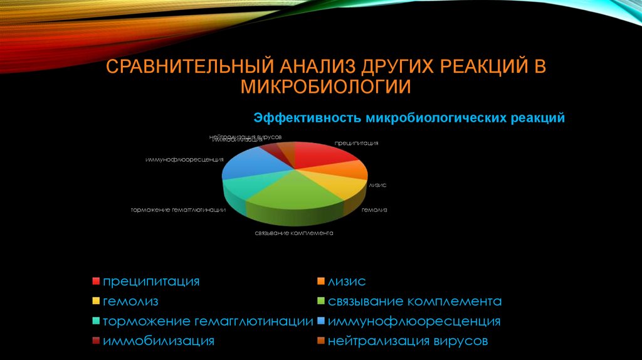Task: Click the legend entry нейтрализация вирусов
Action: [408, 341]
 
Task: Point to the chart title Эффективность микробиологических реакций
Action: [409, 118]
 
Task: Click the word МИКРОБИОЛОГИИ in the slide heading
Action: [325, 87]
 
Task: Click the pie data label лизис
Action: [377, 185]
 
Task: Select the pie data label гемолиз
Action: [374, 209]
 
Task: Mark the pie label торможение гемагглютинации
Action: [178, 209]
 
